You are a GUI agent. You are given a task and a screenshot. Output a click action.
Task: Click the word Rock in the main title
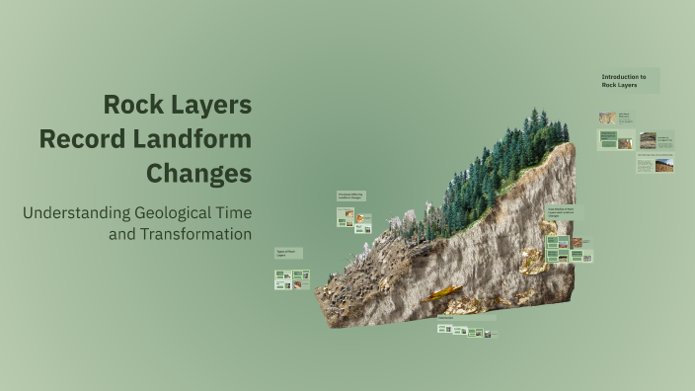[x=136, y=105]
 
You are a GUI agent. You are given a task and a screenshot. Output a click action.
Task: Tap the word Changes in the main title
[x=198, y=174]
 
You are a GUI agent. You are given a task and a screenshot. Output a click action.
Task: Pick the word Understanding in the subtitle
[x=68, y=212]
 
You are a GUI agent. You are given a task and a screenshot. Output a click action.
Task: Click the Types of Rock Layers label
[x=287, y=254]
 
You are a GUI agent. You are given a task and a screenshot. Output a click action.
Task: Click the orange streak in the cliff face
[x=441, y=292]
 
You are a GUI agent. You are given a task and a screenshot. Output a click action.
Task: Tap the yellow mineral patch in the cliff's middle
[x=534, y=260]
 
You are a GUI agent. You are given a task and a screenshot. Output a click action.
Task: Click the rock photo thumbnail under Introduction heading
[x=606, y=118]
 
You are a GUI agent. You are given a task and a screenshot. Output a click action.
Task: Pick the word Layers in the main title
[x=210, y=105]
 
